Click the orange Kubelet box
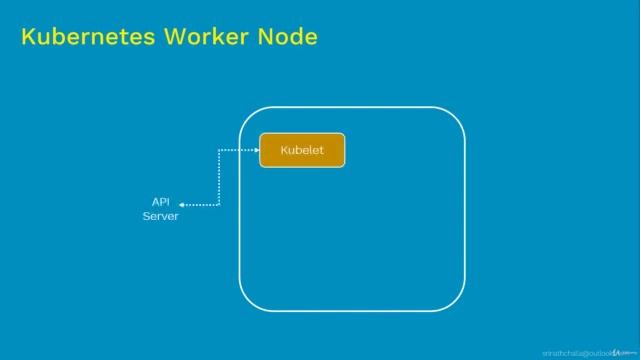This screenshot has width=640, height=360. (x=302, y=150)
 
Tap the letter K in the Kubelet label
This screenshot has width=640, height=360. (x=284, y=150)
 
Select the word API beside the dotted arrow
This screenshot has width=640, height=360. (x=160, y=201)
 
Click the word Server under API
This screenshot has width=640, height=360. (x=160, y=215)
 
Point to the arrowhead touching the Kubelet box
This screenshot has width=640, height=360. (x=255, y=150)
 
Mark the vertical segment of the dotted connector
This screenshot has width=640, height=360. (x=219, y=178)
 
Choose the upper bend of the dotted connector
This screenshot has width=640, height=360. (x=220, y=151)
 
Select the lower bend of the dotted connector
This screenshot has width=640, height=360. (x=219, y=205)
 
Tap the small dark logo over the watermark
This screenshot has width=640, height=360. (x=617, y=352)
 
